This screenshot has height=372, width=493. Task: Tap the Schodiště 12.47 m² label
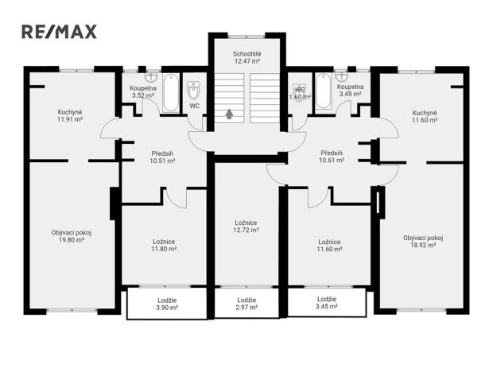click(x=246, y=57)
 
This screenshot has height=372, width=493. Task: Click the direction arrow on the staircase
click(x=230, y=113)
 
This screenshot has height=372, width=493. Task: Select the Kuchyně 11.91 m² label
click(x=72, y=116)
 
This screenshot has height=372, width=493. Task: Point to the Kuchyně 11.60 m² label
click(x=424, y=116)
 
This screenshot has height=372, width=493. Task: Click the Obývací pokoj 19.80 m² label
click(x=72, y=236)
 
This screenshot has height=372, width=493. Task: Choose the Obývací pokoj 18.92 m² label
click(x=423, y=241)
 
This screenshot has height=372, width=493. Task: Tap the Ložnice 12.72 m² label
click(x=246, y=227)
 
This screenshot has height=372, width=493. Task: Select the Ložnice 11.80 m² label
click(x=165, y=245)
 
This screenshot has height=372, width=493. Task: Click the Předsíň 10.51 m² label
click(x=164, y=157)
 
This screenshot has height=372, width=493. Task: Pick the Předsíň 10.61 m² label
click(x=332, y=157)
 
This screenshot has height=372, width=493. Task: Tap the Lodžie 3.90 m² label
click(x=166, y=303)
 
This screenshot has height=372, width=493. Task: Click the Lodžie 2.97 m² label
click(x=246, y=303)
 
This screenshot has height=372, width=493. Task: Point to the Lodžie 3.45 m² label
click(x=326, y=303)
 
